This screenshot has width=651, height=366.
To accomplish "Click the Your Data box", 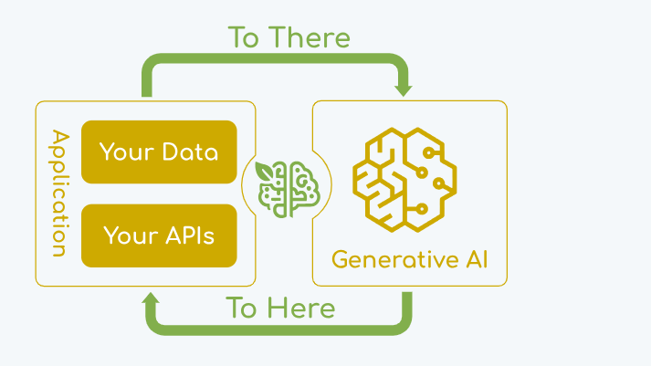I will click(159, 152).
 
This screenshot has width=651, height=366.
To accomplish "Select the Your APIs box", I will click(159, 235).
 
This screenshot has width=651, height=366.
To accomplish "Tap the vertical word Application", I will click(59, 193).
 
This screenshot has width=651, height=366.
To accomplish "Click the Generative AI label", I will click(409, 259).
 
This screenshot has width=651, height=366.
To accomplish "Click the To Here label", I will click(280, 308).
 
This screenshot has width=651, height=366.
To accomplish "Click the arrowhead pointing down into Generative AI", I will click(403, 90).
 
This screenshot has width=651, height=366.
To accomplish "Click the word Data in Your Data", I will click(189, 152).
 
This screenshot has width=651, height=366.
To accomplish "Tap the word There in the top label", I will click(311, 38).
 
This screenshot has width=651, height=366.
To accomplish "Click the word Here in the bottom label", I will click(301, 308).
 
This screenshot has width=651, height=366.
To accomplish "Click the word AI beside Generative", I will click(477, 259).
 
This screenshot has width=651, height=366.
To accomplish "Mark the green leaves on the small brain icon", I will click(266, 172).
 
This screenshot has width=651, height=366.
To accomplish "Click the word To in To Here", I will click(242, 308).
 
